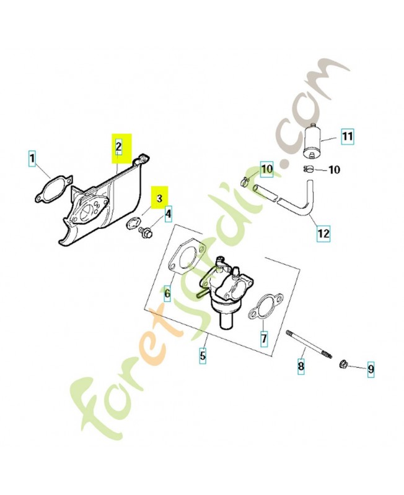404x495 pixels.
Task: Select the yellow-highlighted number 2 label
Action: [118, 147]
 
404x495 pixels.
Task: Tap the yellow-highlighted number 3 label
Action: [160, 199]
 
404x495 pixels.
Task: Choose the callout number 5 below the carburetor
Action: [203, 356]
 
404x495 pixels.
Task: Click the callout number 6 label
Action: [167, 293]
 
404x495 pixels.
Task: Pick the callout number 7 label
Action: [263, 339]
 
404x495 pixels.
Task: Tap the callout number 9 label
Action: [371, 369]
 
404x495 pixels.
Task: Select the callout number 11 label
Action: [346, 136]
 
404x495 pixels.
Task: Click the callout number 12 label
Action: [323, 234]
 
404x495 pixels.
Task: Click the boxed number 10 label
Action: [266, 168]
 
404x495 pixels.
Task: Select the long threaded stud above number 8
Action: [310, 344]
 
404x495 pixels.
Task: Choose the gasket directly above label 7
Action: [262, 307]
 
